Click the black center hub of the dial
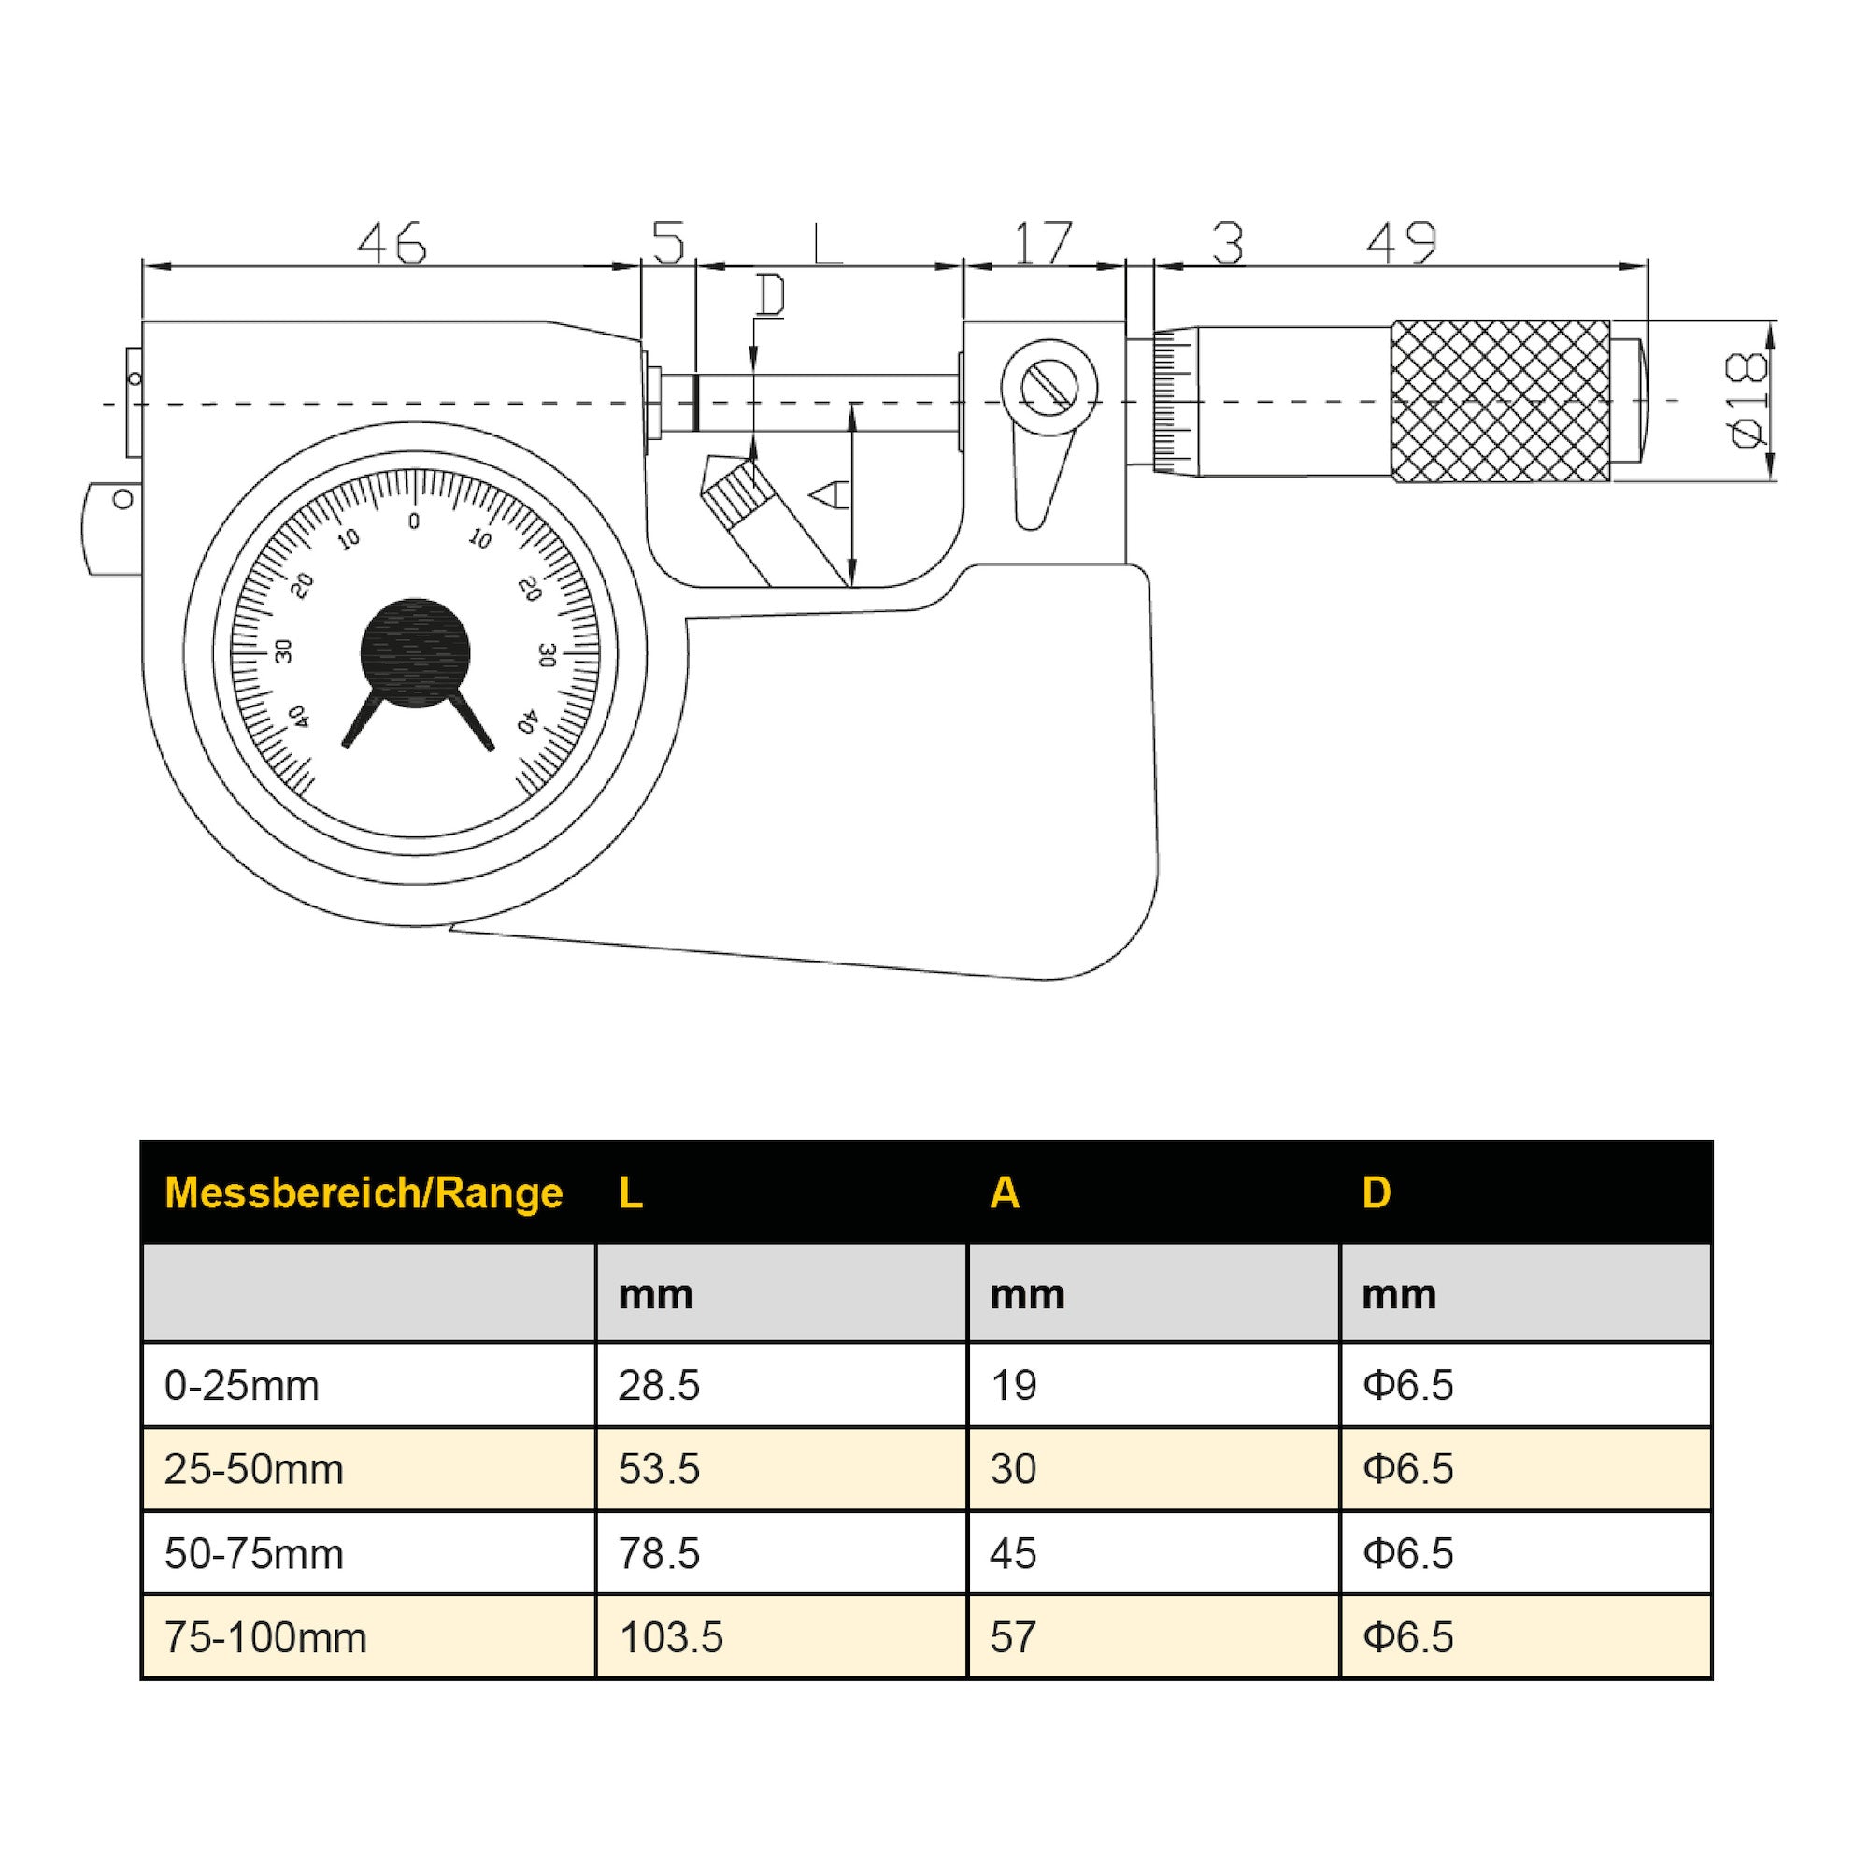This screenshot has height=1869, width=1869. click(x=415, y=653)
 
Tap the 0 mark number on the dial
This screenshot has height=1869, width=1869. click(x=414, y=521)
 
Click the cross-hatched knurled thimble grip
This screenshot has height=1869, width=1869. click(x=1501, y=401)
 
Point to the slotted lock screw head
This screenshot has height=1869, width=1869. click(x=1049, y=387)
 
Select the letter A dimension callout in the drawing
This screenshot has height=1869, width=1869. click(x=829, y=495)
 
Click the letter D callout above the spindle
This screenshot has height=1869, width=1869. click(x=770, y=296)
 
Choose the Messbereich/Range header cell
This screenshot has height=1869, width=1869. click(x=364, y=1192)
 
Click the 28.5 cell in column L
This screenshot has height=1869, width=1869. click(x=659, y=1385)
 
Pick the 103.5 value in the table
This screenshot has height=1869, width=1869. click(x=670, y=1638)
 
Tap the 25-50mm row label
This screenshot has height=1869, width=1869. click(x=253, y=1469)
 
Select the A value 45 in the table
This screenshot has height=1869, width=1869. click(x=1013, y=1554)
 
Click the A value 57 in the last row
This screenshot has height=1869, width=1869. click(x=1013, y=1638)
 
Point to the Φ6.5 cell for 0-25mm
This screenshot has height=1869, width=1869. click(x=1407, y=1385)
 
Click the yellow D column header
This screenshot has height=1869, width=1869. click(x=1376, y=1192)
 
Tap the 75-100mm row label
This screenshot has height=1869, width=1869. click(x=265, y=1638)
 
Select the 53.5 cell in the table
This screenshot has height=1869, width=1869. click(x=659, y=1469)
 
